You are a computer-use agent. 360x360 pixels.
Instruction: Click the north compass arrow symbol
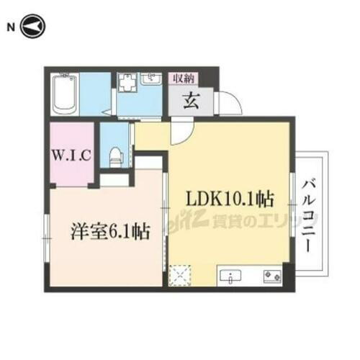[34, 28]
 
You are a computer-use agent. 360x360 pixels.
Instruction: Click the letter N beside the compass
[10, 28]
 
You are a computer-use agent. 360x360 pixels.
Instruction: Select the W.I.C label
[71, 155]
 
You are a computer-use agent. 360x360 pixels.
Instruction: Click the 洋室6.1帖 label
[109, 232]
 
